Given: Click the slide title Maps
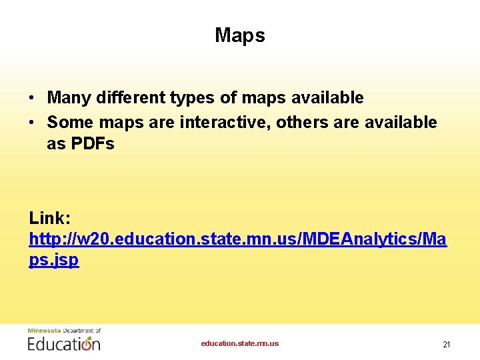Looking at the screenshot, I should point(239,35).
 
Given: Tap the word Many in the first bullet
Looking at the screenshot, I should point(69,98).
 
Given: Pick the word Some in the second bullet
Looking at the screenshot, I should point(69,123).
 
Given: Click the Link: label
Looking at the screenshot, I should point(49,218).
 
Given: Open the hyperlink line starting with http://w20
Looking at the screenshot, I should point(237,239).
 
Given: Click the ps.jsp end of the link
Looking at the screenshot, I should point(53,260).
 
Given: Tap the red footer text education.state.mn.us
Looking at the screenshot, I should point(240,343).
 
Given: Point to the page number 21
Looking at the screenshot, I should point(447,345).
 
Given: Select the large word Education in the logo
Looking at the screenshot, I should point(63,343).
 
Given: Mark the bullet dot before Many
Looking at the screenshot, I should point(33,99).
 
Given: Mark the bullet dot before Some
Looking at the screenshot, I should point(33,123).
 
